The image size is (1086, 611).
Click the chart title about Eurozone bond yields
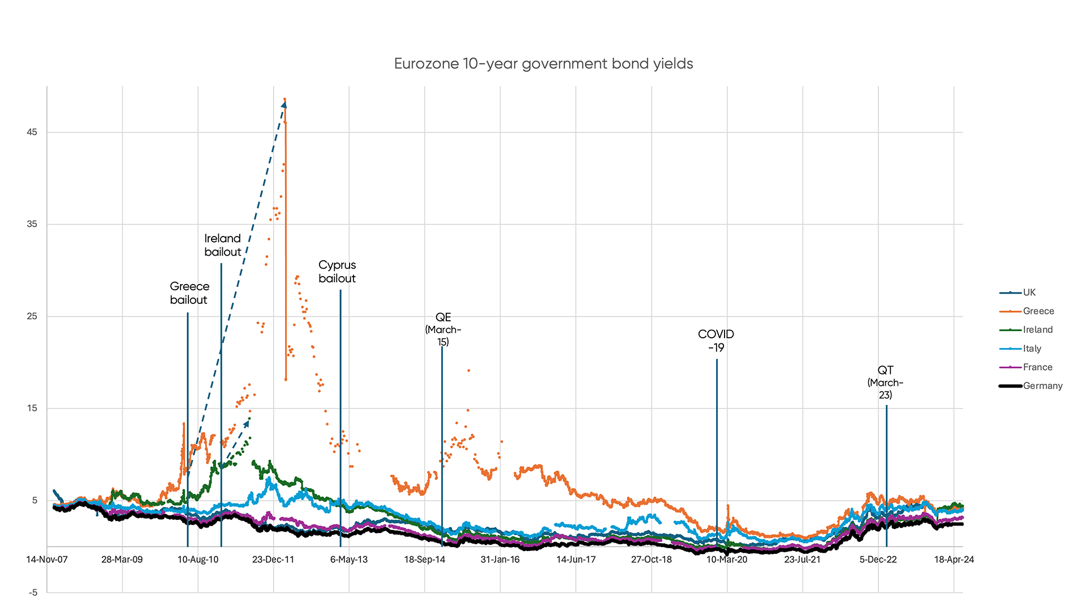[543, 64]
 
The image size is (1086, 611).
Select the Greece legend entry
[1038, 311]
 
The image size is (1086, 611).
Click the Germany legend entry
[1042, 386]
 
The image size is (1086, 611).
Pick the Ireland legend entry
[1037, 330]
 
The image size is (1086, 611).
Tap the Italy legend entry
[1032, 348]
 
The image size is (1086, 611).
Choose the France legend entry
[1037, 367]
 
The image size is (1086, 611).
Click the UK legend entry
[1029, 292]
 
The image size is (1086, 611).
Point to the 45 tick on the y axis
[32, 132]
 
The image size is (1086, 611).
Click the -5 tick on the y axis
[33, 592]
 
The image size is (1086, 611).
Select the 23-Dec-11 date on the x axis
[273, 560]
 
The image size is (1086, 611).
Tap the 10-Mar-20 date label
[727, 560]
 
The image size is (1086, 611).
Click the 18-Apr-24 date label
[954, 560]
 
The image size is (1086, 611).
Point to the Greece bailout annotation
[189, 293]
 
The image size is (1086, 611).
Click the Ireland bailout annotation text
[223, 245]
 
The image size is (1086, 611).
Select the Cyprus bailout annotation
[337, 272]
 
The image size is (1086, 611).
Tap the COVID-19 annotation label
[716, 341]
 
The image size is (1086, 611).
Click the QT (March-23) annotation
[885, 382]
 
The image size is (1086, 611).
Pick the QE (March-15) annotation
[443, 329]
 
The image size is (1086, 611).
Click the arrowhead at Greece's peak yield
[284, 105]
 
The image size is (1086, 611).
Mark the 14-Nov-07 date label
[47, 560]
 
